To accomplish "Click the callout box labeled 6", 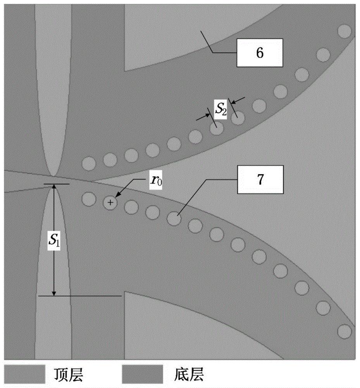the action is click(260, 53).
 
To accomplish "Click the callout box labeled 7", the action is click(260, 179).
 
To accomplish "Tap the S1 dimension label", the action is click(54, 240).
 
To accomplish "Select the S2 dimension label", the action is click(220, 109).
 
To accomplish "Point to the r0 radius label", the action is click(156, 180).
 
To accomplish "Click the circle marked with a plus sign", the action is click(110, 203).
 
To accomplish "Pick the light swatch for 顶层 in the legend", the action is click(25, 374).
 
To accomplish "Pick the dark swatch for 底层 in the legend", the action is click(143, 374).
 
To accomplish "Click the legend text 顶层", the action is click(69, 374).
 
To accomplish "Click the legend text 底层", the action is click(189, 374).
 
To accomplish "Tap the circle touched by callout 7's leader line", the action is click(174, 218).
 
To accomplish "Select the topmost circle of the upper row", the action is click(344, 31).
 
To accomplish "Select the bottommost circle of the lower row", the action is click(344, 332).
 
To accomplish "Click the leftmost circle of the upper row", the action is click(89, 164).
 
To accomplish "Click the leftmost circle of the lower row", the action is click(89, 199).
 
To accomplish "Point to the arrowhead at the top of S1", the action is click(54, 187).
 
